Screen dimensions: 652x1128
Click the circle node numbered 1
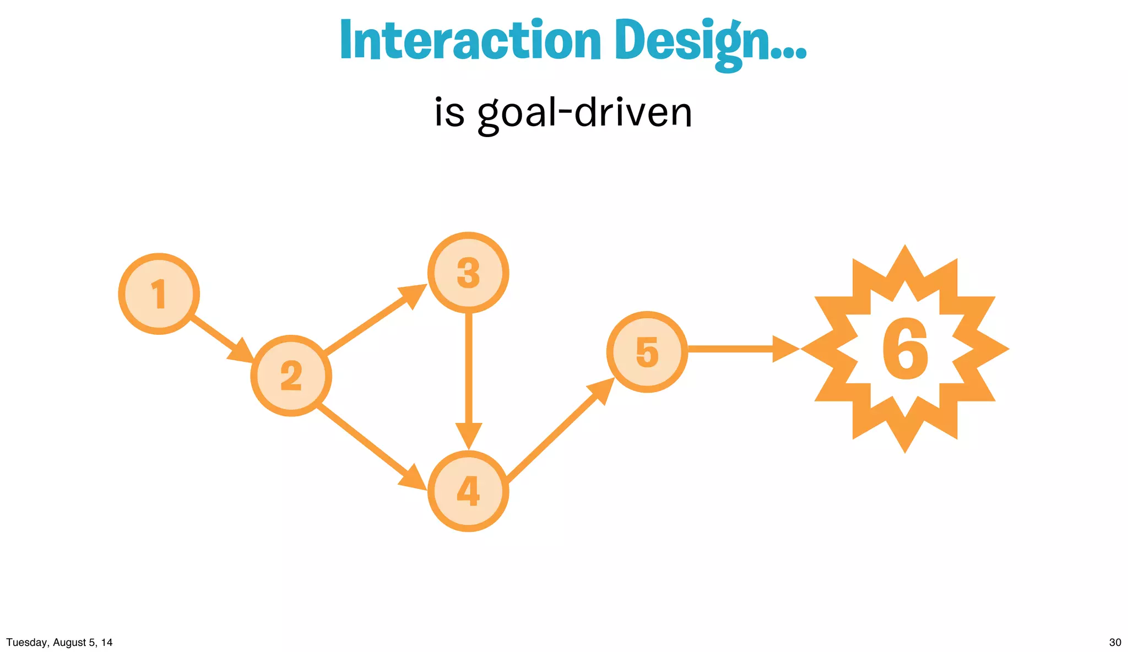[x=159, y=294]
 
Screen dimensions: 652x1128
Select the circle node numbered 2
[x=291, y=376]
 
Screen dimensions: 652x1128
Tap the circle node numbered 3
[x=468, y=273]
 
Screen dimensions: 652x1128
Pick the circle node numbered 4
[x=468, y=491]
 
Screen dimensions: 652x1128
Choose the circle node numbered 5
[x=647, y=352]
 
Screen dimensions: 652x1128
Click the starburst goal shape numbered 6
[x=905, y=349]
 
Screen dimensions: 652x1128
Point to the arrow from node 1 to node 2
[x=218, y=336]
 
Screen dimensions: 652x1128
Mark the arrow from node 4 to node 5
[x=556, y=432]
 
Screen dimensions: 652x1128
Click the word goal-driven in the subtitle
[x=585, y=113]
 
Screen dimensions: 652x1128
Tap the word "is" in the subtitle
[x=449, y=113]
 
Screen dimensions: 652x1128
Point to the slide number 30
[x=1115, y=642]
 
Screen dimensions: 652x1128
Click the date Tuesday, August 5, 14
[x=59, y=642]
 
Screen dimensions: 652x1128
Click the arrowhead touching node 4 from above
[x=469, y=435]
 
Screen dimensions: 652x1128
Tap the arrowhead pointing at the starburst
[x=785, y=349]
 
